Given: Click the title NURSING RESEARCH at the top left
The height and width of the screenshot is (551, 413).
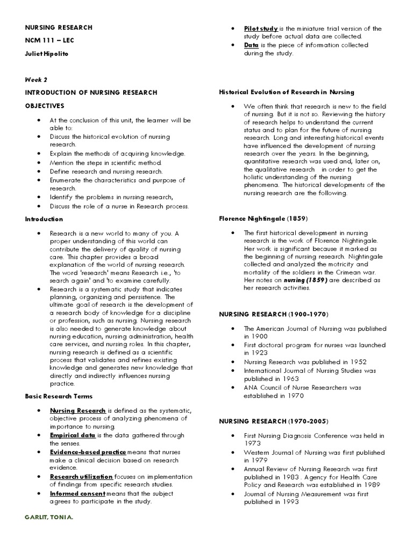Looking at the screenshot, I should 59,27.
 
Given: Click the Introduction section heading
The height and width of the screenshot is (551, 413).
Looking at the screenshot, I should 44,219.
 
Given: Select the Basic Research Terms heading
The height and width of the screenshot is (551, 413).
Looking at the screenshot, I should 59,396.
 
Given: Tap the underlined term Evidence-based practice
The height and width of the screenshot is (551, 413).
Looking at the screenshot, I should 88,451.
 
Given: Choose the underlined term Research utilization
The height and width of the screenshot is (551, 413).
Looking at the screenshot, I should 81,476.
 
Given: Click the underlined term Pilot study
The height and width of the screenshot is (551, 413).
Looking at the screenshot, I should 261,28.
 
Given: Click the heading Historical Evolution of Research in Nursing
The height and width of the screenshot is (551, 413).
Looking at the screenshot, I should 287,92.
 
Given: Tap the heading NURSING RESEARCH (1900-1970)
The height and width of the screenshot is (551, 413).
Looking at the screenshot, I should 273,314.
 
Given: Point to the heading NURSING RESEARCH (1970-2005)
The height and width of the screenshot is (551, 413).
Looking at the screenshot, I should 273,420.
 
